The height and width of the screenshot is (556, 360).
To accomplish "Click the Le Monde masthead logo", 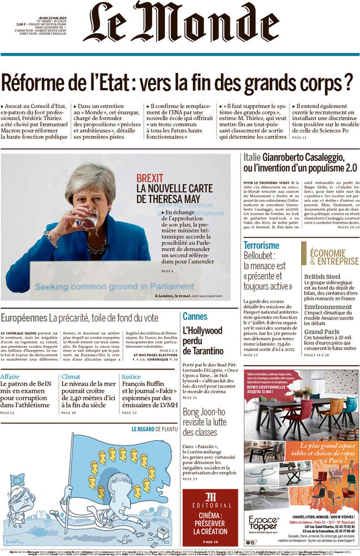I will pos(179,22).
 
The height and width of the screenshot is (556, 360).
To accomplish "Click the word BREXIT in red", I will pos(150,178).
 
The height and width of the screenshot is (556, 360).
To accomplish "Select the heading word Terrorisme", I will pos(261,245).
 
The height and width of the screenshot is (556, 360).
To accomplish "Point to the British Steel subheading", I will pos(322,276).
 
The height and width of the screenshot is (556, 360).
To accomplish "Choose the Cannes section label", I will pos(195,316).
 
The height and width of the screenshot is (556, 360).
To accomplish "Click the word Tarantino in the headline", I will pos(203,351).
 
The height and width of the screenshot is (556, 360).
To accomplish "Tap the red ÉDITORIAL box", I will pos(210,516).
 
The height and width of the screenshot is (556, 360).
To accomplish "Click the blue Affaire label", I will pos(10,376).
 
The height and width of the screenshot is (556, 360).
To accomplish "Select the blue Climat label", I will pos(71,376).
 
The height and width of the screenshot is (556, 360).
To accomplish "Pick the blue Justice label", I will pos(132,376).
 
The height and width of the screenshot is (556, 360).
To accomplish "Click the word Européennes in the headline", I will pos(23,317).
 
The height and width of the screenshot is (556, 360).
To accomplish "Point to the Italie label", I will pos(253,158).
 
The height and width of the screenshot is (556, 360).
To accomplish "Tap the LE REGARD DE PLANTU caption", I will pos(154,429).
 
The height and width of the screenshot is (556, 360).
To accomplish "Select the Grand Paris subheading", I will pos(321,332).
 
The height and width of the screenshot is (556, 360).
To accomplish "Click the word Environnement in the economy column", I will pos(328,307).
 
